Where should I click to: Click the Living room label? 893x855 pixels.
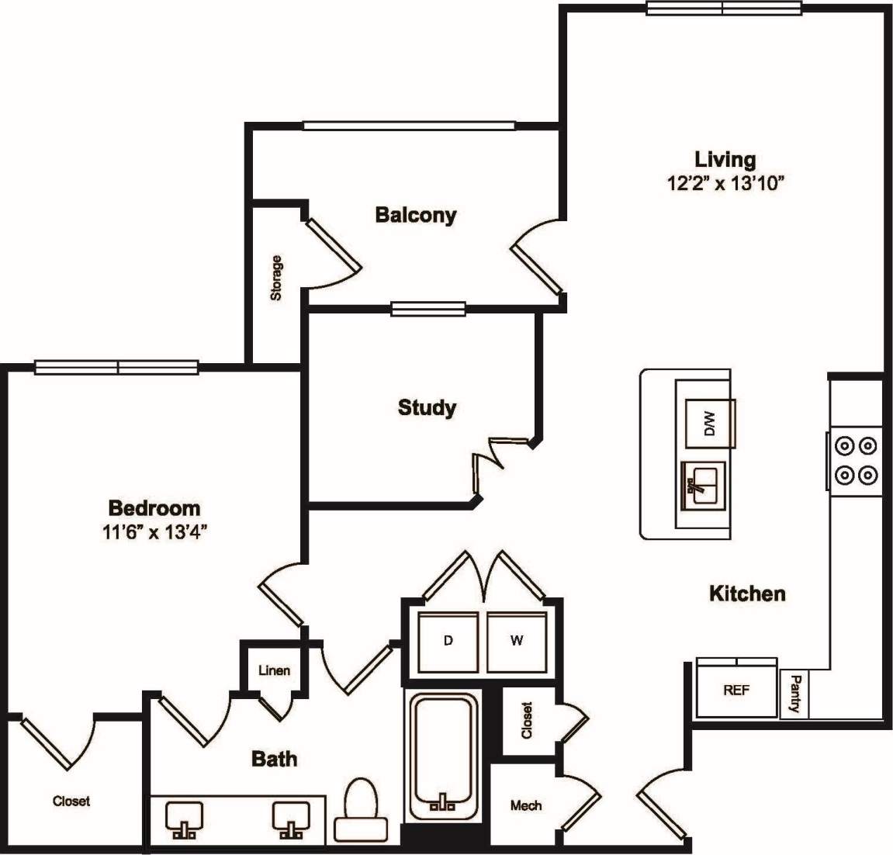click(x=725, y=160)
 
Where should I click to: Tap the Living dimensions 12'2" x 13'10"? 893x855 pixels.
click(x=727, y=184)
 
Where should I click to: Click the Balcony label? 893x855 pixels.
click(x=415, y=215)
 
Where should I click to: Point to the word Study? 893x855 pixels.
click(x=427, y=407)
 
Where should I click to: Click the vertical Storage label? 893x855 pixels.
click(x=276, y=278)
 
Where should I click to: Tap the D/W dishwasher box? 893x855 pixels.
click(x=710, y=424)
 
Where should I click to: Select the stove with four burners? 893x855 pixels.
click(x=855, y=459)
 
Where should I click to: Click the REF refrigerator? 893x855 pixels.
click(x=736, y=690)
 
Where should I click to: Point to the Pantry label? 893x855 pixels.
click(x=794, y=694)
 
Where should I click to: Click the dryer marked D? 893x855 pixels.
click(x=448, y=641)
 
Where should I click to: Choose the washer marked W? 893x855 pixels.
click(x=517, y=641)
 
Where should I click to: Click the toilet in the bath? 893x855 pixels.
click(x=359, y=811)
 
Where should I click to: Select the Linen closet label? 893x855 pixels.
click(x=274, y=670)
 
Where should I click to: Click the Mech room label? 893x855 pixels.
click(x=526, y=806)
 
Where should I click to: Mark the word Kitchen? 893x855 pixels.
click(x=747, y=594)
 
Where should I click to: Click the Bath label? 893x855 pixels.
click(x=275, y=758)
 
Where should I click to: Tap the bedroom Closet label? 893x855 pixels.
click(x=71, y=801)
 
